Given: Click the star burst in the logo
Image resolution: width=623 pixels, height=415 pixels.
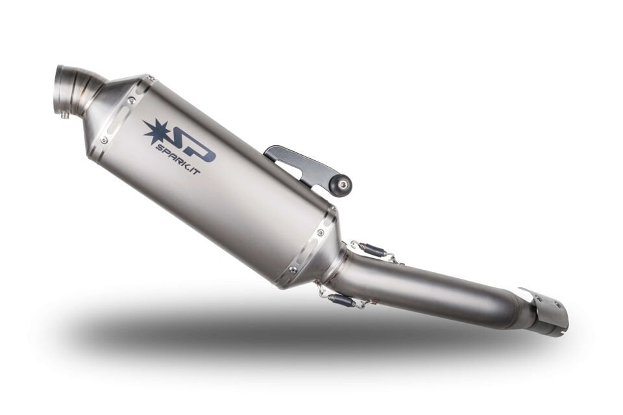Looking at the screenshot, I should tap(156, 132).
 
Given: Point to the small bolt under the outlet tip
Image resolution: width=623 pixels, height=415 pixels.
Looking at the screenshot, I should tap(66, 116).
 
